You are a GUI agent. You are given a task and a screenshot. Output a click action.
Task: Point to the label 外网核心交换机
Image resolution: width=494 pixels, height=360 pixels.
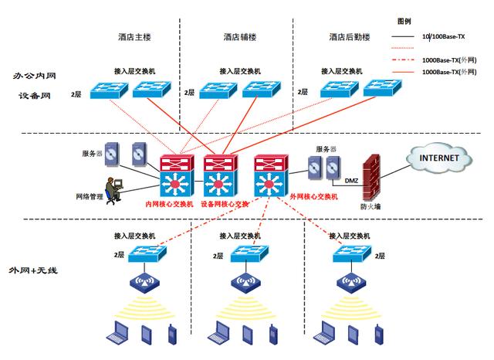[x=312, y=197]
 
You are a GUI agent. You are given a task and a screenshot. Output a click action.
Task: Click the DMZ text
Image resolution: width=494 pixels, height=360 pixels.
[x=351, y=181]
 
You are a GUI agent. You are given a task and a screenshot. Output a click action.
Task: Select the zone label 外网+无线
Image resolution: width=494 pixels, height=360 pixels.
[x=33, y=270]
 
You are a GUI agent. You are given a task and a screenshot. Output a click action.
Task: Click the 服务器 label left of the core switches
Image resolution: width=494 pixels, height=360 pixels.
[x=93, y=154]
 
